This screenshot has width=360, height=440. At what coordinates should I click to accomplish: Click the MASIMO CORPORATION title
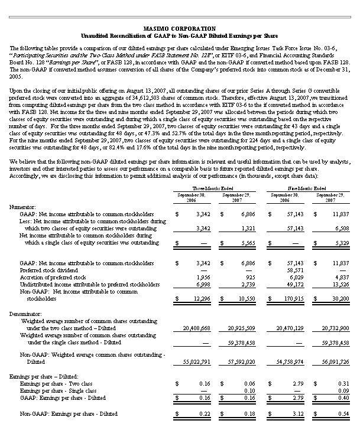coord(180,28)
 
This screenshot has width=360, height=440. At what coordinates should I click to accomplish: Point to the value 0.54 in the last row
coord(346,414)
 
